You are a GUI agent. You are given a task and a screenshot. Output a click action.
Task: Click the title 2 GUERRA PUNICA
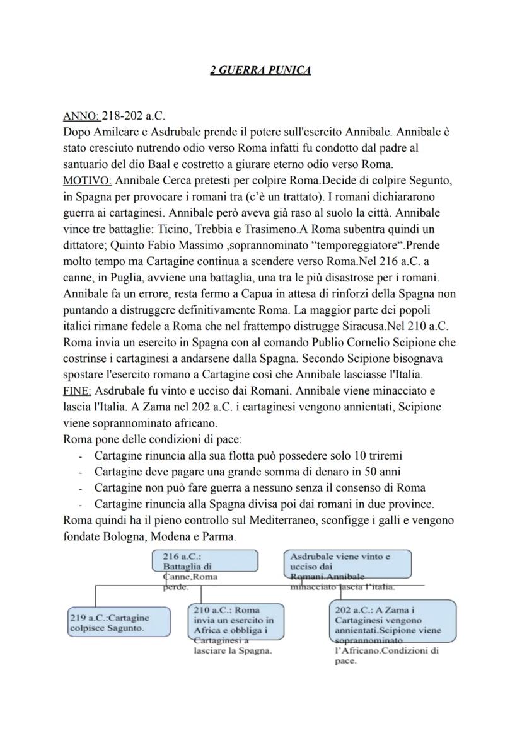tap(260, 71)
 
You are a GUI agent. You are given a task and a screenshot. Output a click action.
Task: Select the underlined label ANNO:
tap(81, 116)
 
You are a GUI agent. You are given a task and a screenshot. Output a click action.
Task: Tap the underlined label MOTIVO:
tap(88, 180)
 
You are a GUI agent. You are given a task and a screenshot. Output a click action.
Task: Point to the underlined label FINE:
tap(78, 390)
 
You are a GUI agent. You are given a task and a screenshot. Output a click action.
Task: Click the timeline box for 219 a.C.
tap(119, 623)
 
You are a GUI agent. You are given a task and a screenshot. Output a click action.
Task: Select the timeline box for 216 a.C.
tap(205, 562)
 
